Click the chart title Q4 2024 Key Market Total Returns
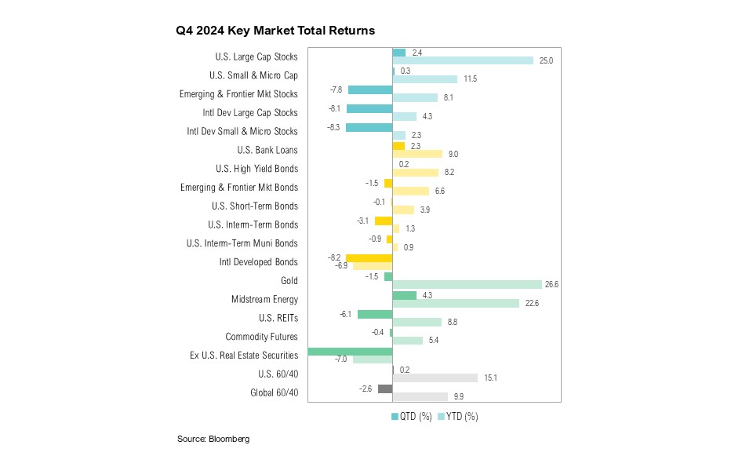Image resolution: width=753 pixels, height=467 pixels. (275, 31)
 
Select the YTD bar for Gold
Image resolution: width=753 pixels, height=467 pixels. (467, 284)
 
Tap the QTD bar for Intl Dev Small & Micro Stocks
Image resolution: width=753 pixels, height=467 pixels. (369, 127)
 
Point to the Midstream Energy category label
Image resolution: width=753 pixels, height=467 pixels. (264, 299)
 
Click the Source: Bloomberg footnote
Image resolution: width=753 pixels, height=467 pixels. (213, 440)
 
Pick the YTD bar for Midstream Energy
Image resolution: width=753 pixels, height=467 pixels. (456, 303)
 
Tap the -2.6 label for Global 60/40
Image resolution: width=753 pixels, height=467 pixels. (366, 389)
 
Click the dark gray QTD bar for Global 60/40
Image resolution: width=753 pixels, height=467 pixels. (385, 389)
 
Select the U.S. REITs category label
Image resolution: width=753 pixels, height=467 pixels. (278, 318)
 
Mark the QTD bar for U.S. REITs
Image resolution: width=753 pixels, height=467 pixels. (375, 314)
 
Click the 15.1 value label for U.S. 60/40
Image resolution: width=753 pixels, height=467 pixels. (490, 378)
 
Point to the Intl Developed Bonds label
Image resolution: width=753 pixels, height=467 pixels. (259, 262)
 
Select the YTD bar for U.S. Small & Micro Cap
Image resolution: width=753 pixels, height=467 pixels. (424, 79)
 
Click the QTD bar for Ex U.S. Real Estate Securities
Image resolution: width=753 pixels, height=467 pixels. (350, 352)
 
